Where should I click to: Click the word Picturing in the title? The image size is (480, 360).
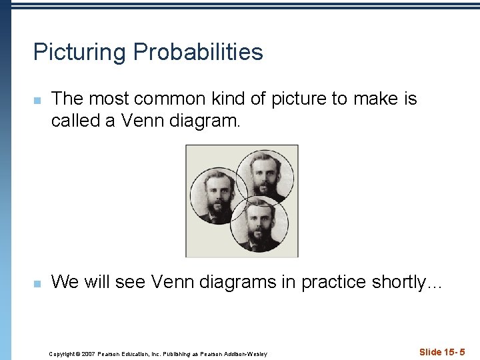tap(79, 53)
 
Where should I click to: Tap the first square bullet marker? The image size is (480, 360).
tap(38, 101)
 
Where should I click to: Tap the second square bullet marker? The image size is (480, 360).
tap(38, 284)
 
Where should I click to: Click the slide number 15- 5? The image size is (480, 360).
tap(454, 351)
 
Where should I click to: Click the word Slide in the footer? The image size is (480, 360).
tap(431, 351)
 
